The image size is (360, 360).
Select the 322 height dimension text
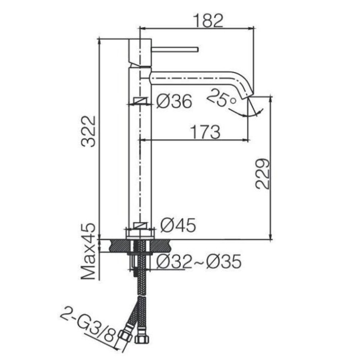pyautogui.click(x=88, y=131)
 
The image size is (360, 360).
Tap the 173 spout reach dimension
pyautogui.click(x=205, y=132)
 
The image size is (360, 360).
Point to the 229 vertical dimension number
pyautogui.click(x=263, y=174)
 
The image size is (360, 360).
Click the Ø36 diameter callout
pyautogui.click(x=174, y=101)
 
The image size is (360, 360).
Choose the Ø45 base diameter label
pyautogui.click(x=178, y=225)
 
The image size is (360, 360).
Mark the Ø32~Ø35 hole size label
pyautogui.click(x=199, y=261)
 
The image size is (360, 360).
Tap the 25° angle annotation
pyautogui.click(x=222, y=98)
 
